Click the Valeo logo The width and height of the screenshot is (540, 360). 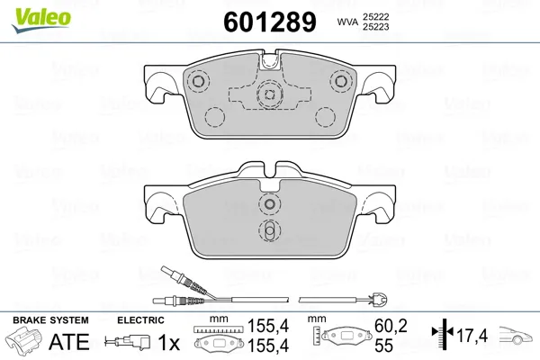(41, 20)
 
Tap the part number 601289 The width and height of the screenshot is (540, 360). (270, 22)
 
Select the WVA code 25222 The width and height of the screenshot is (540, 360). (375, 16)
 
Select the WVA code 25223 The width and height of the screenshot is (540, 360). (375, 27)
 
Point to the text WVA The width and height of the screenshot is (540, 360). (347, 22)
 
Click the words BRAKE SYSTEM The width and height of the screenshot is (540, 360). (50, 320)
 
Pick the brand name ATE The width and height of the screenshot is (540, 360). (69, 342)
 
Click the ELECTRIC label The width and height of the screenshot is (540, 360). (140, 320)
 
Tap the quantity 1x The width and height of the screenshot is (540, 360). (169, 342)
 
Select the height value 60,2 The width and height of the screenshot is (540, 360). (391, 326)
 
